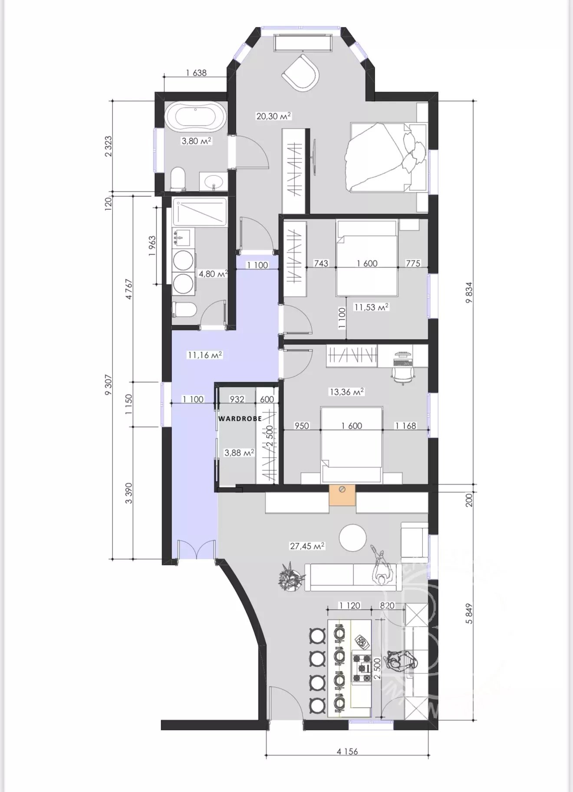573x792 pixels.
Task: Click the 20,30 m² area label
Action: pos(273,116)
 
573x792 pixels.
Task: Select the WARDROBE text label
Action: pos(240,419)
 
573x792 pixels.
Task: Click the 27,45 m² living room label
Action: pos(307,546)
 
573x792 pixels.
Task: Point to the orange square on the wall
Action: pos(342,495)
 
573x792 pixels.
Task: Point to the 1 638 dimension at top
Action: pos(196,73)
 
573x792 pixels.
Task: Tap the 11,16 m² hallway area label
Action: pos(205,355)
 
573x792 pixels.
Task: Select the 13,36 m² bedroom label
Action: pos(346,392)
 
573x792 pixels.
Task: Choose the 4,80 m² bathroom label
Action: pos(213,274)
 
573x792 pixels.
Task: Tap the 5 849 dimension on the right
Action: pos(468,613)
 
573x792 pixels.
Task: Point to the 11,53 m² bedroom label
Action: pos(371,307)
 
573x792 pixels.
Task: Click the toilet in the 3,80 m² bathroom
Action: pos(178,179)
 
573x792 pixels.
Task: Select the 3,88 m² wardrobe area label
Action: pos(239,452)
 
